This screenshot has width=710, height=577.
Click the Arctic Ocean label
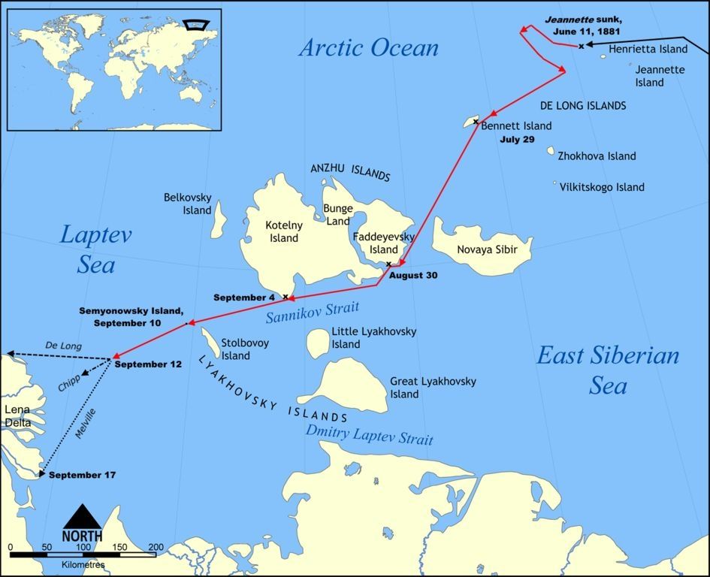click(368, 48)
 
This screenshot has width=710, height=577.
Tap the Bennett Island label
click(516, 125)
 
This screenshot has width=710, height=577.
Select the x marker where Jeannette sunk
click(581, 47)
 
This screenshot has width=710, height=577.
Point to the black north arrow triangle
click(82, 517)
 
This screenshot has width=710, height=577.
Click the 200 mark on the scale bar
click(156, 546)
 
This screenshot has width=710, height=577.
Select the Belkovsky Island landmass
click(219, 219)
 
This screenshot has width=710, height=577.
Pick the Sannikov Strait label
click(313, 311)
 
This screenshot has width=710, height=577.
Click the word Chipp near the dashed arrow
click(69, 382)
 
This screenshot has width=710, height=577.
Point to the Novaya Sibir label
click(487, 249)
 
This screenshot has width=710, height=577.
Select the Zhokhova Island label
click(597, 156)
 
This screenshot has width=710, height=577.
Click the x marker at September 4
click(285, 297)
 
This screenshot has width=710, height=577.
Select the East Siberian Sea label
click(607, 370)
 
